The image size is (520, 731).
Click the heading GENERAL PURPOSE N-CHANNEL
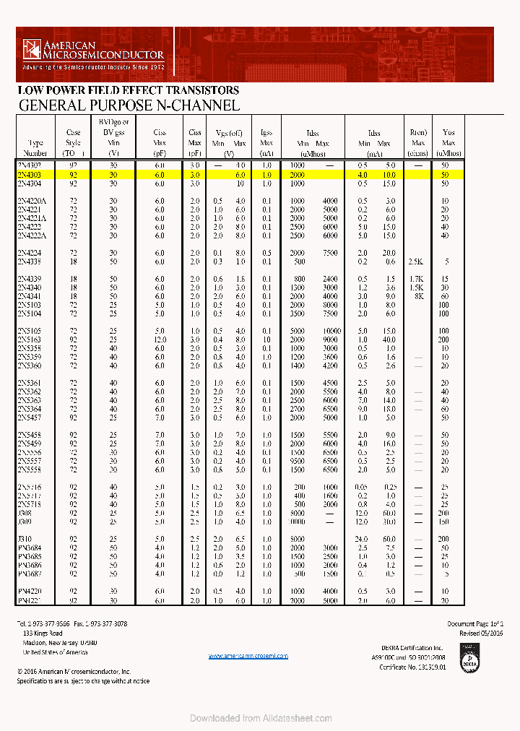pyautogui.click(x=129, y=105)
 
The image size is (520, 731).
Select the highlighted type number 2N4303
pyautogui.click(x=30, y=175)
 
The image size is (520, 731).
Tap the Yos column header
pyautogui.click(x=448, y=142)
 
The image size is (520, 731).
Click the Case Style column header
pyautogui.click(x=74, y=142)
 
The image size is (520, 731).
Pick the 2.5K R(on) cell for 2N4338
pyautogui.click(x=417, y=261)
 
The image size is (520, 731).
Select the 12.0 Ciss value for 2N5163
pyautogui.click(x=160, y=339)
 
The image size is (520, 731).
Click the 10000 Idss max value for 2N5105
pyautogui.click(x=329, y=331)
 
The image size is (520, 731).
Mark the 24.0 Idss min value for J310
pyautogui.click(x=362, y=539)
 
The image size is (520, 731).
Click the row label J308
pyautogui.click(x=24, y=512)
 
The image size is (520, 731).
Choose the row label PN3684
pyautogui.click(x=30, y=548)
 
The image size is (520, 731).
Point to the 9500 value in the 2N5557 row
pyautogui.click(x=298, y=461)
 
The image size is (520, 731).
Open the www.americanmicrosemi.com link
pyautogui.click(x=248, y=656)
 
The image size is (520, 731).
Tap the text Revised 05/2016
pyautogui.click(x=481, y=633)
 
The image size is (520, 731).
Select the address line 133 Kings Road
pyautogui.click(x=44, y=633)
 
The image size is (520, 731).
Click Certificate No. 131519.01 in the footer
pyautogui.click(x=412, y=667)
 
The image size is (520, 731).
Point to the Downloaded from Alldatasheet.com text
pyautogui.click(x=261, y=718)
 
